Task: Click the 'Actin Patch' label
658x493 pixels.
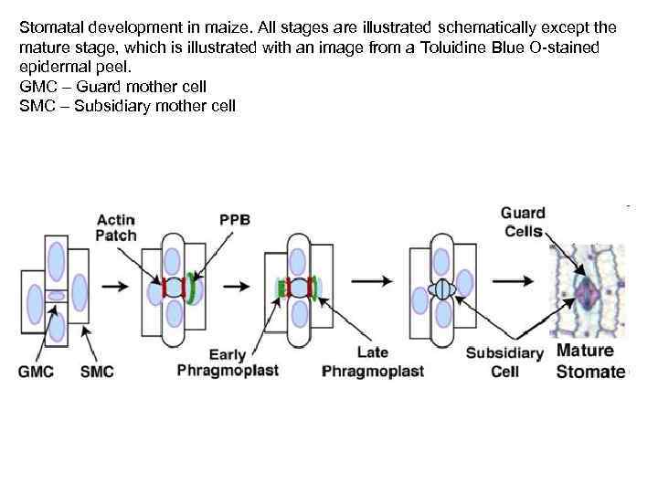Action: (116, 226)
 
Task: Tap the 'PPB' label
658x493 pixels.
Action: (235, 219)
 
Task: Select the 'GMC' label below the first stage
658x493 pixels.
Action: (37, 372)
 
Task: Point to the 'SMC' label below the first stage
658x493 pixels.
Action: (98, 372)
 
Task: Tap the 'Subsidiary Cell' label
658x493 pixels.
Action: (504, 362)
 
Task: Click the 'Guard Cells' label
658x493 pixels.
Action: (523, 222)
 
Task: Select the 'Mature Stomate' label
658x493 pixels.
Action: (589, 362)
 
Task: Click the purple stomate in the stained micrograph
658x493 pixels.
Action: (586, 293)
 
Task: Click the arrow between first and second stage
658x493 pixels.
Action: (115, 286)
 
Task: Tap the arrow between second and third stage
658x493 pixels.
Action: (237, 286)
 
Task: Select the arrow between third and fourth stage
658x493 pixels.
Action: (377, 283)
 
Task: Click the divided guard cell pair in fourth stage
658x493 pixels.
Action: (442, 290)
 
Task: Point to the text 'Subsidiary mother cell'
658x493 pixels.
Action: (156, 106)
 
